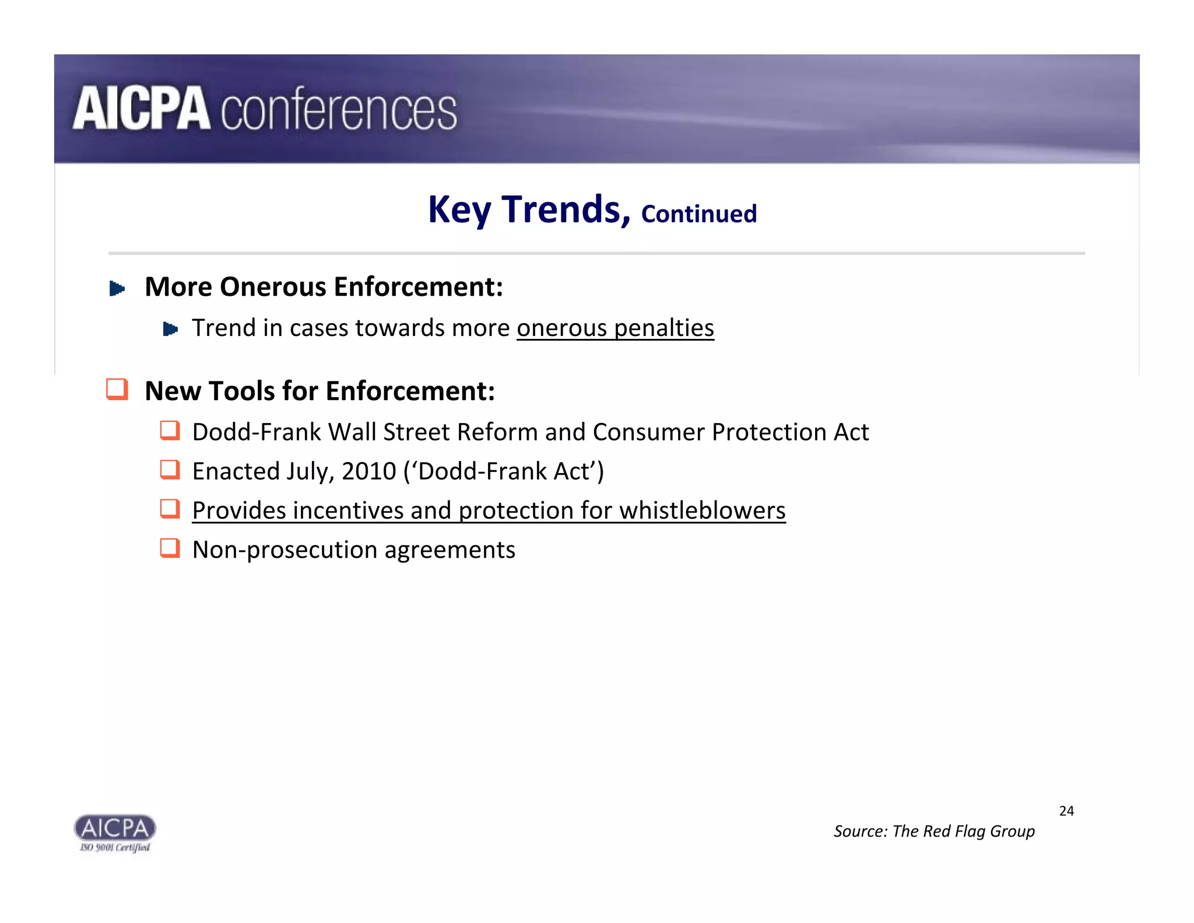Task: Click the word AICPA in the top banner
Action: point(141,109)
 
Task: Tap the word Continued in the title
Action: point(698,214)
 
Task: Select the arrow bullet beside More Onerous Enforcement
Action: point(117,288)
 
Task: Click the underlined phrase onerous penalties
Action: point(615,328)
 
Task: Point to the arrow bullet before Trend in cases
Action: point(170,329)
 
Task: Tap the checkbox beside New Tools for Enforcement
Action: point(117,389)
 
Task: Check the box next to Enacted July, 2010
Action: point(170,469)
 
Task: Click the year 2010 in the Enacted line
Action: point(369,471)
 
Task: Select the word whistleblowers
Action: point(702,511)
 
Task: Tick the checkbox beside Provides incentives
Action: point(170,508)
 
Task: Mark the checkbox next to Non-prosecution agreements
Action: point(170,548)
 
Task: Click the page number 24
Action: point(1066,811)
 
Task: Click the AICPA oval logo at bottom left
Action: point(115,827)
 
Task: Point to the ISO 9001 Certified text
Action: point(115,848)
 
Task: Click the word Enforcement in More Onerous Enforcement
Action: point(418,287)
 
